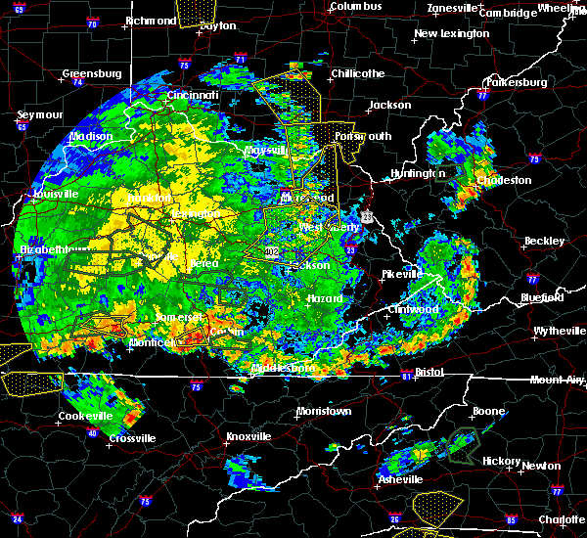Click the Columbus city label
[355, 7]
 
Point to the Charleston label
[504, 180]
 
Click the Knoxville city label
[248, 436]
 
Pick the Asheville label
[401, 479]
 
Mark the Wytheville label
[560, 332]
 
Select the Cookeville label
[80, 416]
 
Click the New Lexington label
[451, 34]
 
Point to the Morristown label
[323, 411]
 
